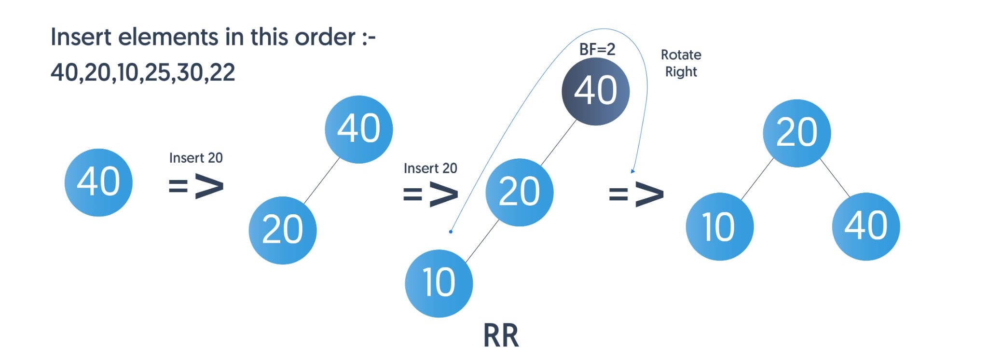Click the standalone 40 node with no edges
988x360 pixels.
pyautogui.click(x=98, y=182)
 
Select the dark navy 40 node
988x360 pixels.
pyautogui.click(x=595, y=91)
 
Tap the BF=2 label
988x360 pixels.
pyautogui.click(x=597, y=49)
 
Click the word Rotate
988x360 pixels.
pyautogui.click(x=681, y=55)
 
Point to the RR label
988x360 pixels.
pyautogui.click(x=501, y=335)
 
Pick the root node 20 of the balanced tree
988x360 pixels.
pyautogui.click(x=796, y=133)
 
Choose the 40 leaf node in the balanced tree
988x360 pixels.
pyautogui.click(x=866, y=226)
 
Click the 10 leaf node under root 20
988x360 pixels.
pyautogui.click(x=719, y=226)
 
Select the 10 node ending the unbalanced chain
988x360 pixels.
pyautogui.click(x=439, y=283)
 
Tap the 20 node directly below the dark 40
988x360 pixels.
pyautogui.click(x=519, y=192)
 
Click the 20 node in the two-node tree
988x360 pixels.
pyautogui.click(x=283, y=230)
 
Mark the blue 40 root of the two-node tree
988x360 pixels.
pyautogui.click(x=358, y=129)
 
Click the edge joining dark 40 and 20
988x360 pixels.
pyautogui.click(x=559, y=142)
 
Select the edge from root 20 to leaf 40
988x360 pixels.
pyautogui.click(x=835, y=178)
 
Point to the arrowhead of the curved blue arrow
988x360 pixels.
pyautogui.click(x=632, y=171)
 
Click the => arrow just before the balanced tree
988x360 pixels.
pyautogui.click(x=636, y=194)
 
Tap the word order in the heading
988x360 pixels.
pyautogui.click(x=325, y=37)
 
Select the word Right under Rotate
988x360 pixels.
pyautogui.click(x=681, y=72)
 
